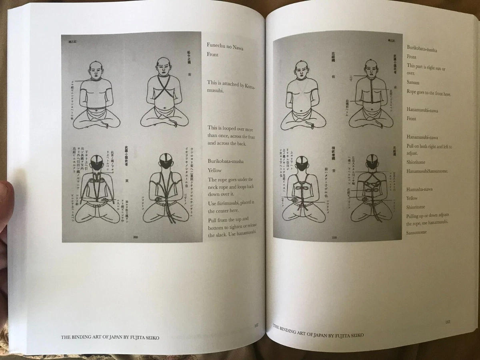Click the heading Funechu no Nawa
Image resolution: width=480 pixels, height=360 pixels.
(x=225, y=48)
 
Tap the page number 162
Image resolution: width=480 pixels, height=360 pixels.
(x=256, y=325)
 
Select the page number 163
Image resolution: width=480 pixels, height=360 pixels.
(x=448, y=322)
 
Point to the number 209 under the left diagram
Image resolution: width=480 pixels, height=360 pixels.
(x=135, y=238)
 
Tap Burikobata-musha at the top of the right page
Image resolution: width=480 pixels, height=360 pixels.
(x=422, y=50)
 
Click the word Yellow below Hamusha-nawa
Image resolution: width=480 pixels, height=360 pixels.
(x=412, y=198)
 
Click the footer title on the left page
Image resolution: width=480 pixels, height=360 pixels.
(x=110, y=337)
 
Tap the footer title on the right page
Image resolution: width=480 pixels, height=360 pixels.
(x=318, y=331)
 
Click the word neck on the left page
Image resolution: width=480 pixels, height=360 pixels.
(x=212, y=188)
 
